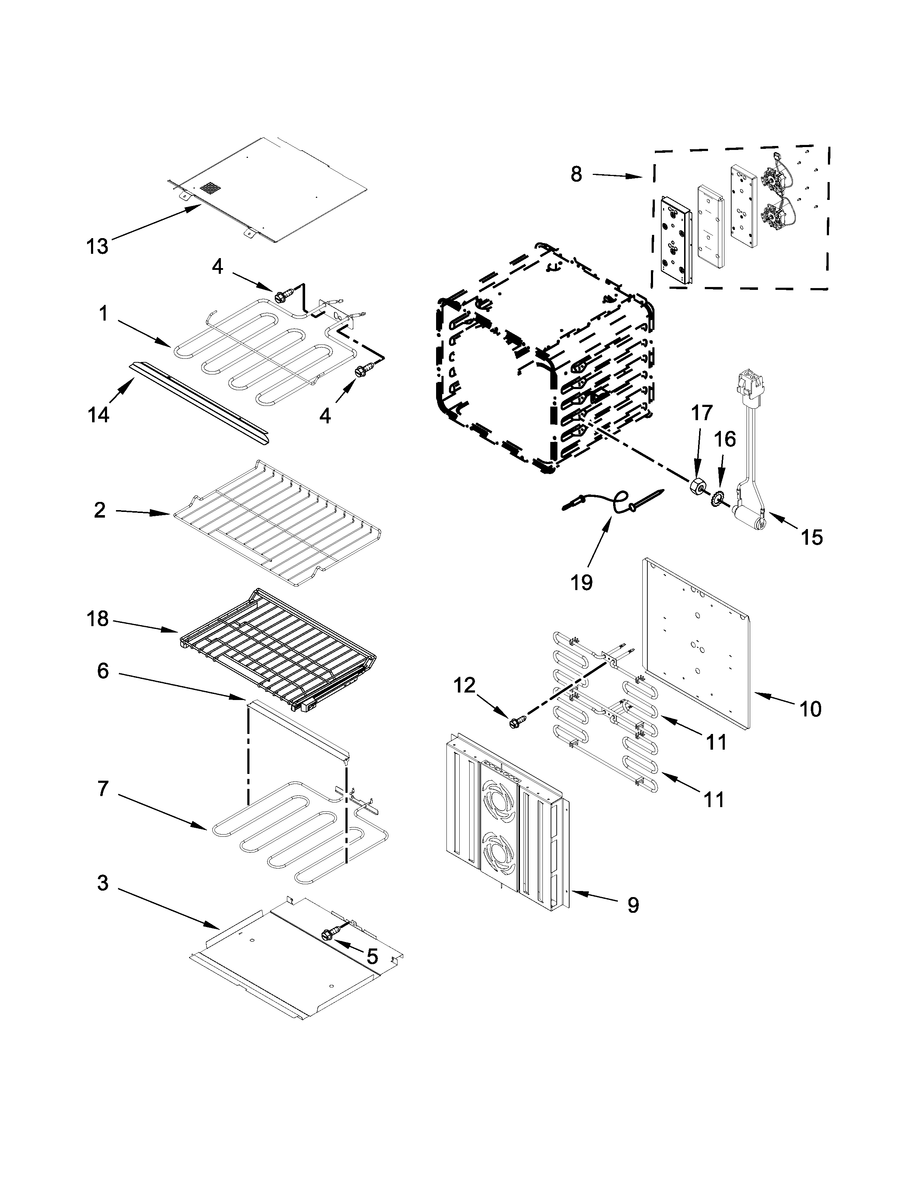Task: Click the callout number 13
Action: click(97, 247)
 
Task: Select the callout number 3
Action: click(102, 883)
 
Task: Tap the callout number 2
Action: click(100, 510)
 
